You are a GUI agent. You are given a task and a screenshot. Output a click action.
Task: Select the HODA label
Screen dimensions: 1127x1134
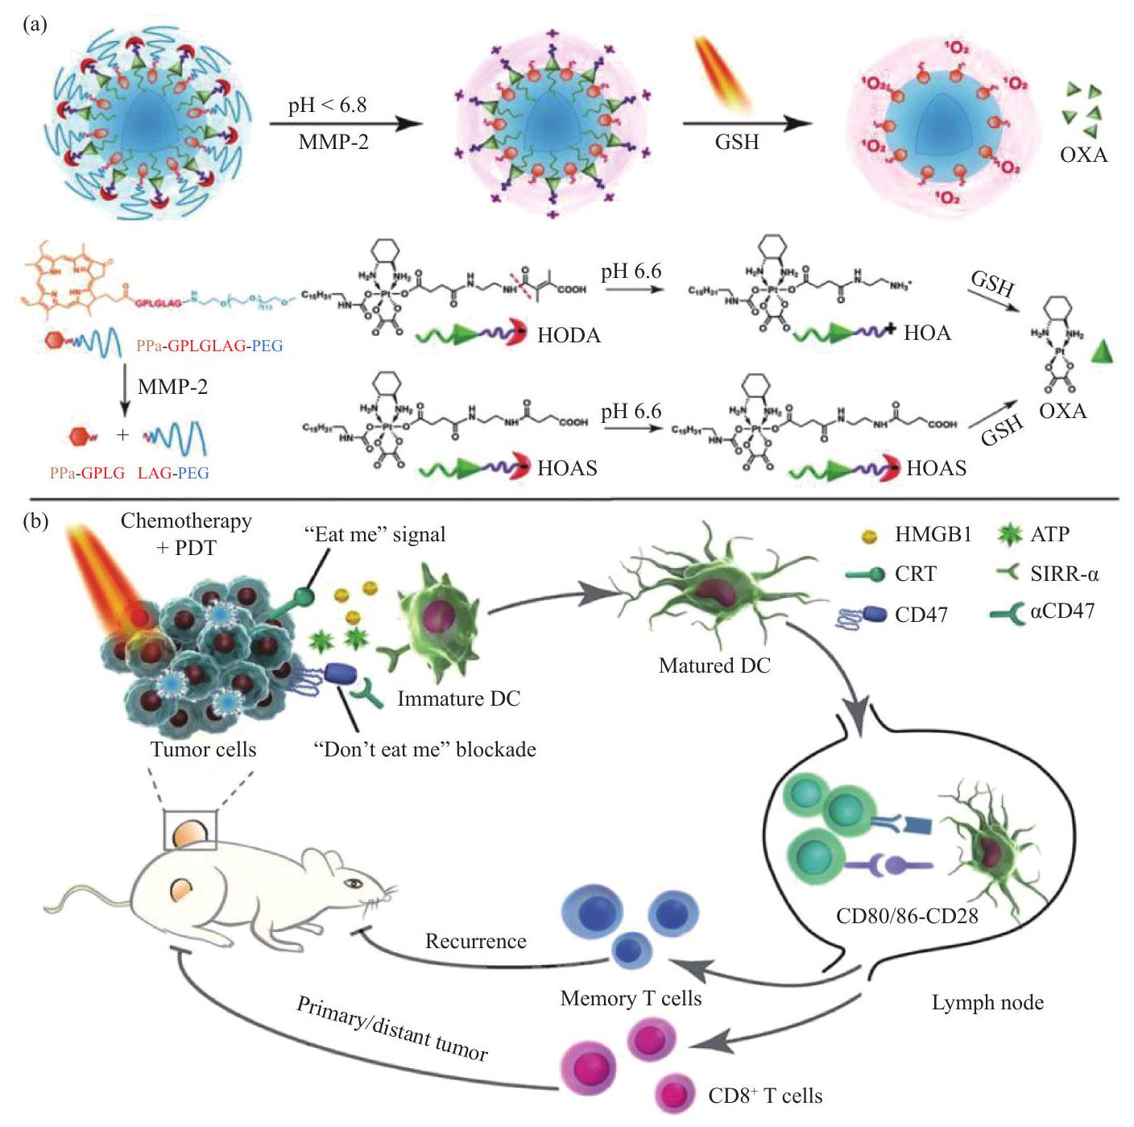pyautogui.click(x=569, y=335)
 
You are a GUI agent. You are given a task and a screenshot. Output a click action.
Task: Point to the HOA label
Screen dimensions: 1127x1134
pyautogui.click(x=927, y=332)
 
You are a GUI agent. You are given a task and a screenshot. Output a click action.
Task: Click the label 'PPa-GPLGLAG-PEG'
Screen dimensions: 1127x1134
pyautogui.click(x=210, y=346)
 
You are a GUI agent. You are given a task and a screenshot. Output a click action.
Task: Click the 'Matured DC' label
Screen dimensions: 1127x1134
pyautogui.click(x=714, y=665)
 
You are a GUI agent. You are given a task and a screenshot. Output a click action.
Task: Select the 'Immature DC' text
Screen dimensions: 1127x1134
pyautogui.click(x=459, y=698)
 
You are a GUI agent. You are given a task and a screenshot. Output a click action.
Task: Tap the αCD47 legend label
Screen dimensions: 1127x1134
pyautogui.click(x=1062, y=611)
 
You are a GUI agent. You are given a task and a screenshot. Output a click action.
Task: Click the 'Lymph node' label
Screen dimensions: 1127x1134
pyautogui.click(x=987, y=1003)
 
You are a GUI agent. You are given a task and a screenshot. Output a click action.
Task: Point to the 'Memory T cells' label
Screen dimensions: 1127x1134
pyautogui.click(x=631, y=999)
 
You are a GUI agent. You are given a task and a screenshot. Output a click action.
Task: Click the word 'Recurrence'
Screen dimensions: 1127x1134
pyautogui.click(x=476, y=941)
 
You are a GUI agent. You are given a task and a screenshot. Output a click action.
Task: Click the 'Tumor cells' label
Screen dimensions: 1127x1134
pyautogui.click(x=203, y=749)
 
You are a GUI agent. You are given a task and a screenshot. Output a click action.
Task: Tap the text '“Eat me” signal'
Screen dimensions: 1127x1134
pyautogui.click(x=375, y=534)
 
